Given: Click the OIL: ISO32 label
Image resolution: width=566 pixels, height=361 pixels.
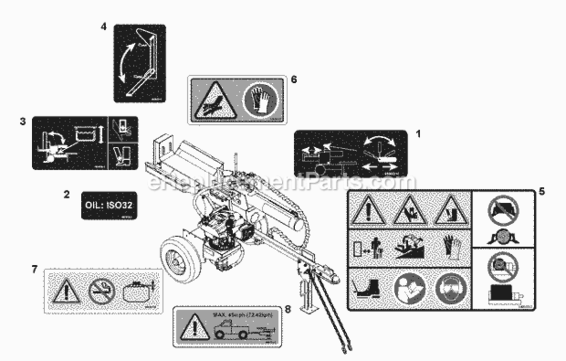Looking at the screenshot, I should (109, 205).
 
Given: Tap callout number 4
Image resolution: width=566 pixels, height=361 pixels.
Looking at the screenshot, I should (103, 27).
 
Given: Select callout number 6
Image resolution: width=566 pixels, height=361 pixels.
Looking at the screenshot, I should (294, 79).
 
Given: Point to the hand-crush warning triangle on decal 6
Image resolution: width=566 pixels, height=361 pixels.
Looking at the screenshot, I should (215, 100).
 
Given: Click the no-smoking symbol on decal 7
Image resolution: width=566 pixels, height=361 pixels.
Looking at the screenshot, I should (102, 291).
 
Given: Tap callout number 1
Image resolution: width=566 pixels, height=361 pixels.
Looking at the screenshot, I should (418, 134).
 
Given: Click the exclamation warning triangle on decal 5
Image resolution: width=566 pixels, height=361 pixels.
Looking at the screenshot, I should (368, 211).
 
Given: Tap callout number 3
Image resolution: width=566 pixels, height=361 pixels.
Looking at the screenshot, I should (23, 121).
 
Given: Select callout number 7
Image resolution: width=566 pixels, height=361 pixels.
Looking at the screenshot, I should (34, 270).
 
